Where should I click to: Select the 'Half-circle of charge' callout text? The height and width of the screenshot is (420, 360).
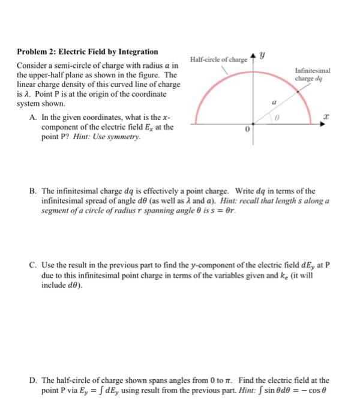click(x=218, y=59)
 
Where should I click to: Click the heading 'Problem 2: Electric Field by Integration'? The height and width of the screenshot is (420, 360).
click(x=88, y=52)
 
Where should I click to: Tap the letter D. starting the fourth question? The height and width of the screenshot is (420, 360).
click(x=34, y=380)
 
